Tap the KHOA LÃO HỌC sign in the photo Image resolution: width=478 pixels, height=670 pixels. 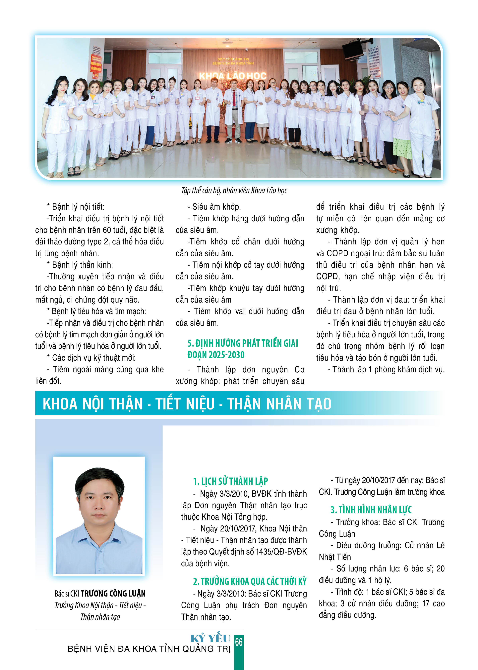pyautogui.click(x=233, y=76)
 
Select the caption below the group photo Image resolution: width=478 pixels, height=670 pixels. pyautogui.click(x=234, y=191)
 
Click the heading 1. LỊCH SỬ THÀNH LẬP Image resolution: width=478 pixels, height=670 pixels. pyautogui.click(x=230, y=481)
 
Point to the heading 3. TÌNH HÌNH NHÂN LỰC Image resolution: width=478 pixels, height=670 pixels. pyautogui.click(x=371, y=510)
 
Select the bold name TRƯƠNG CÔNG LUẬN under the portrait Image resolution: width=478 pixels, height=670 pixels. pyautogui.click(x=113, y=594)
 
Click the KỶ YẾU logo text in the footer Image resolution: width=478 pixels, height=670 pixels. pyautogui.click(x=210, y=639)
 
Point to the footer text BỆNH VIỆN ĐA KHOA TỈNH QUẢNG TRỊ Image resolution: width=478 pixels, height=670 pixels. pyautogui.click(x=149, y=649)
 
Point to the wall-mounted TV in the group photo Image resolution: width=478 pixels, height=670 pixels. pyautogui.click(x=352, y=50)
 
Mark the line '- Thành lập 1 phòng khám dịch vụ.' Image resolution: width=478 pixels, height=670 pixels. pyautogui.click(x=386, y=369)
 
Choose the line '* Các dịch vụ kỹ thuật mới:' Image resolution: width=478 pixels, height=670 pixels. pyautogui.click(x=91, y=358)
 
